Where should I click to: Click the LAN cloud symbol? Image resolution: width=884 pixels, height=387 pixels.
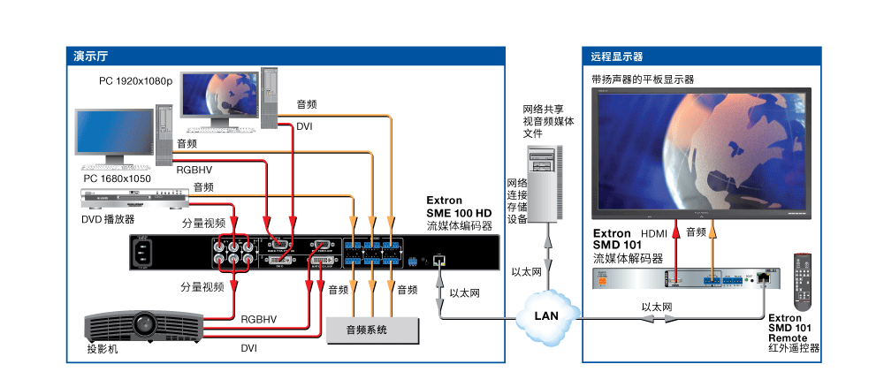[547, 313]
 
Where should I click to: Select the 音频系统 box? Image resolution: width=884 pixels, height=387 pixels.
[370, 330]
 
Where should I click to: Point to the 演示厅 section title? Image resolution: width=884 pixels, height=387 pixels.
[91, 57]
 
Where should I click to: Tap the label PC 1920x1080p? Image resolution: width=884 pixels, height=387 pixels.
[135, 80]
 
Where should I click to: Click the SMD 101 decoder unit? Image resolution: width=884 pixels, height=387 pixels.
[684, 279]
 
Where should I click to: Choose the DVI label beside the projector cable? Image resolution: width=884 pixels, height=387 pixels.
[250, 349]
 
